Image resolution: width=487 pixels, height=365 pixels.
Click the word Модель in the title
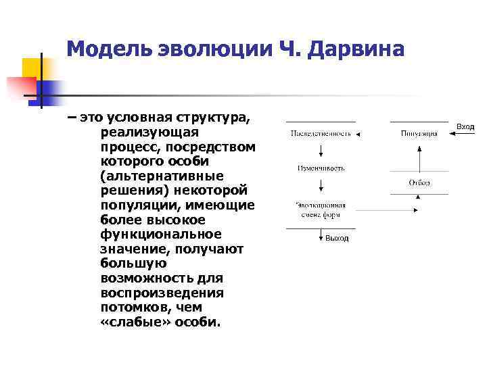[110, 49]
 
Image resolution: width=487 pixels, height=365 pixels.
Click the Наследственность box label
[321, 134]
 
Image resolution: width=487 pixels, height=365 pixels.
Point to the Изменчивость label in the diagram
[321, 168]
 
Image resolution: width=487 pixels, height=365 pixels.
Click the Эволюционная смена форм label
[321, 210]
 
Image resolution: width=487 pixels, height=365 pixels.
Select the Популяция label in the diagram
[419, 134]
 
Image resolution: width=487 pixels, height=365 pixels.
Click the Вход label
[465, 127]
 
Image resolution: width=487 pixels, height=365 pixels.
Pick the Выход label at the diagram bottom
[336, 238]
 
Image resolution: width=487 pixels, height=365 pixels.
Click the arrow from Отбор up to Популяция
[419, 158]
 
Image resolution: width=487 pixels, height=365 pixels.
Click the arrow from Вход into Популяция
[463, 134]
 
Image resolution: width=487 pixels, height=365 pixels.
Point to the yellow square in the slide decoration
[31, 68]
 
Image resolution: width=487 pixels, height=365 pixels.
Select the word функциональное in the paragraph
[161, 235]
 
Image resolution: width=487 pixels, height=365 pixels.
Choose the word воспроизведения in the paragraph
[161, 293]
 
